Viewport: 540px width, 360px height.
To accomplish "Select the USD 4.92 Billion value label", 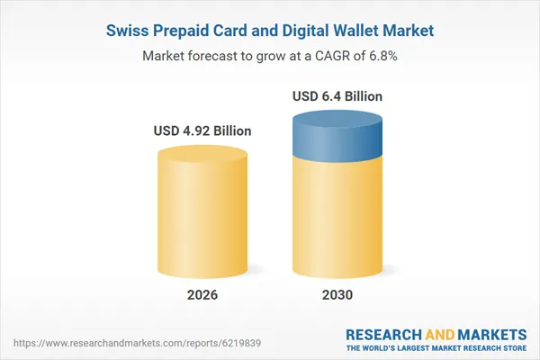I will click(x=201, y=131).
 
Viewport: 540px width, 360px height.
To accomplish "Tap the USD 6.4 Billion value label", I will click(x=337, y=96).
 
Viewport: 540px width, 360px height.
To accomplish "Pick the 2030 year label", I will click(x=337, y=295).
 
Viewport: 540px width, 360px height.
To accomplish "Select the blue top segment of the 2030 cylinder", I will click(x=337, y=135).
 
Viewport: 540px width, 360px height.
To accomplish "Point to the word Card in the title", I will click(x=235, y=31).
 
